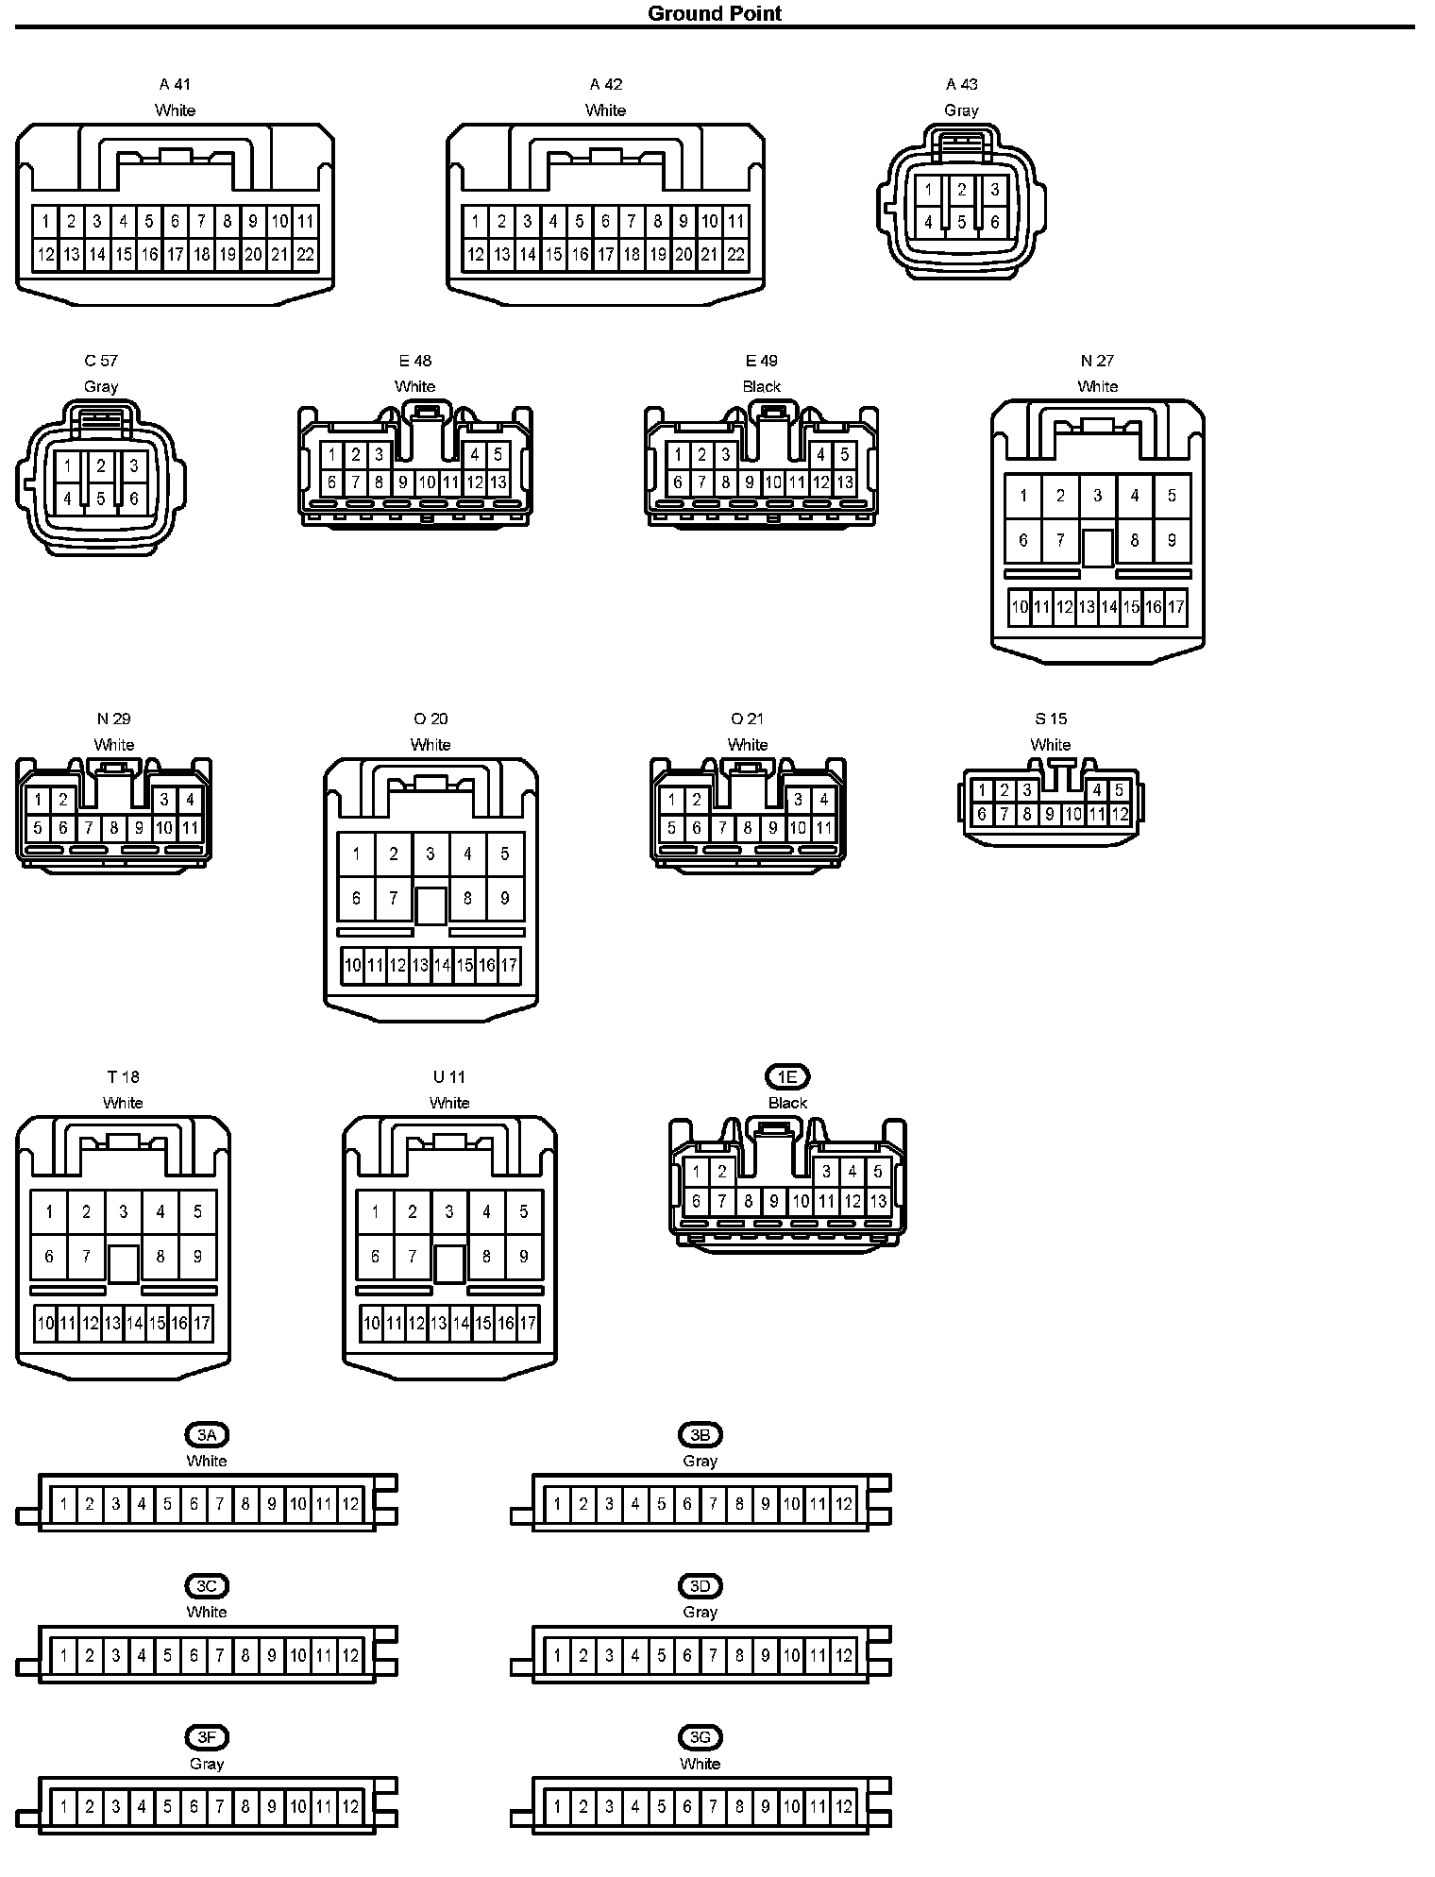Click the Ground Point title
click(715, 13)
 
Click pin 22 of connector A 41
click(305, 254)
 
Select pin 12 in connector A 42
click(475, 254)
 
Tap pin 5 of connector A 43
click(961, 223)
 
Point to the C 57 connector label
click(101, 361)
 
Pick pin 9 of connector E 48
click(402, 482)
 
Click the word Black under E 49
click(761, 386)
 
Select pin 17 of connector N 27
click(1175, 606)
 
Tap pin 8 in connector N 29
click(113, 828)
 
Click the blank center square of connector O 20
click(430, 905)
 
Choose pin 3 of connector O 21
click(798, 800)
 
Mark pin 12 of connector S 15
click(1119, 814)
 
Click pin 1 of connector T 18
click(49, 1211)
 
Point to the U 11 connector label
click(449, 1076)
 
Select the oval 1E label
click(787, 1076)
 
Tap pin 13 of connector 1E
click(878, 1201)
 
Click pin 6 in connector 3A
click(194, 1504)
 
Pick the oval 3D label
click(700, 1586)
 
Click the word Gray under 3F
click(207, 1763)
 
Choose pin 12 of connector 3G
click(844, 1807)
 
